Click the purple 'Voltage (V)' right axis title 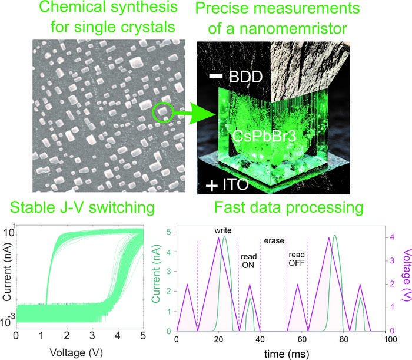pyautogui.click(x=404, y=277)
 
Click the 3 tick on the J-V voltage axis pyautogui.click(x=92, y=335)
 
